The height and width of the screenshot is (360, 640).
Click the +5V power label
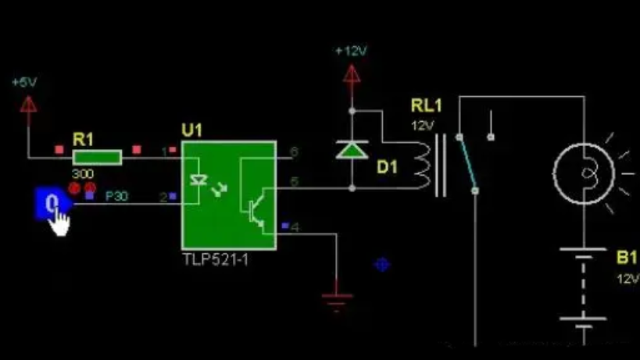pyautogui.click(x=23, y=82)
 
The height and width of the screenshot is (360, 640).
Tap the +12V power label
pyautogui.click(x=350, y=52)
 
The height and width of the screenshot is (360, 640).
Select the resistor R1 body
pyautogui.click(x=98, y=158)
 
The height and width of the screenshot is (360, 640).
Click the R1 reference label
pyautogui.click(x=83, y=139)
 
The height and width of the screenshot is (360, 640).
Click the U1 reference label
pyautogui.click(x=191, y=130)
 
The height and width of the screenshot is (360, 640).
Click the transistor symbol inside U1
pyautogui.click(x=254, y=209)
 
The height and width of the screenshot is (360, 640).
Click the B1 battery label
pyautogui.click(x=627, y=257)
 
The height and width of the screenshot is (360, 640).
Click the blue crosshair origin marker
pyautogui.click(x=382, y=264)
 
